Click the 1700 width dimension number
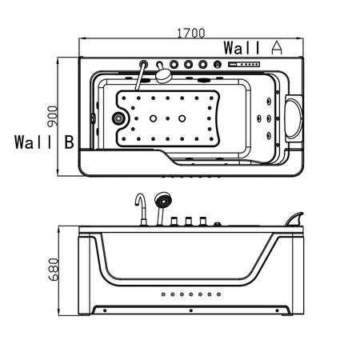[x=190, y=34]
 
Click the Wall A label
[x=253, y=46]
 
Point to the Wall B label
[x=44, y=143]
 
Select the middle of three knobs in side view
[x=189, y=222]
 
